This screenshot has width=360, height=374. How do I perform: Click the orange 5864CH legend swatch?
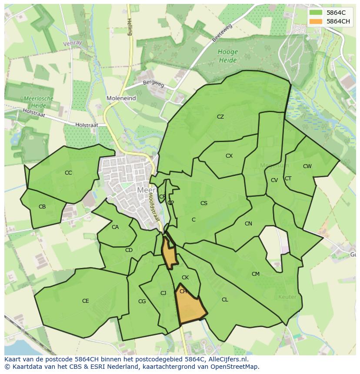316,21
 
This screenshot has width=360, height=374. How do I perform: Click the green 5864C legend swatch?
316,13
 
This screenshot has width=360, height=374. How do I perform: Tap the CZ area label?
220,117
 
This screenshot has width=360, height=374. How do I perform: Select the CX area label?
229,156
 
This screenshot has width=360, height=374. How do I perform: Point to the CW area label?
307,166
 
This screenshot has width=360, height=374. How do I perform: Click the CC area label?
68,173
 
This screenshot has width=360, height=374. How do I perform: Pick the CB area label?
42,207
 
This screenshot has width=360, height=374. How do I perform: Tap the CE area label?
86,301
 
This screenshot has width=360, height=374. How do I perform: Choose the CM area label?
256,274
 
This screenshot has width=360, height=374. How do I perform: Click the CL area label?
225,300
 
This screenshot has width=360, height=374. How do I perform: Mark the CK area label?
185,278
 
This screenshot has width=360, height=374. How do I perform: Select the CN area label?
248,224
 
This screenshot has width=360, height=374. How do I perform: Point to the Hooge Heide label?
227,55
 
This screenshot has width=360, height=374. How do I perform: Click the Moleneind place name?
121,99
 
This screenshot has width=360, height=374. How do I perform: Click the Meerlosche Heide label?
39,102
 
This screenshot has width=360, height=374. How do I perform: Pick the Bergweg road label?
154,83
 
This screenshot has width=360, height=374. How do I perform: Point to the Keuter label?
287,297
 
